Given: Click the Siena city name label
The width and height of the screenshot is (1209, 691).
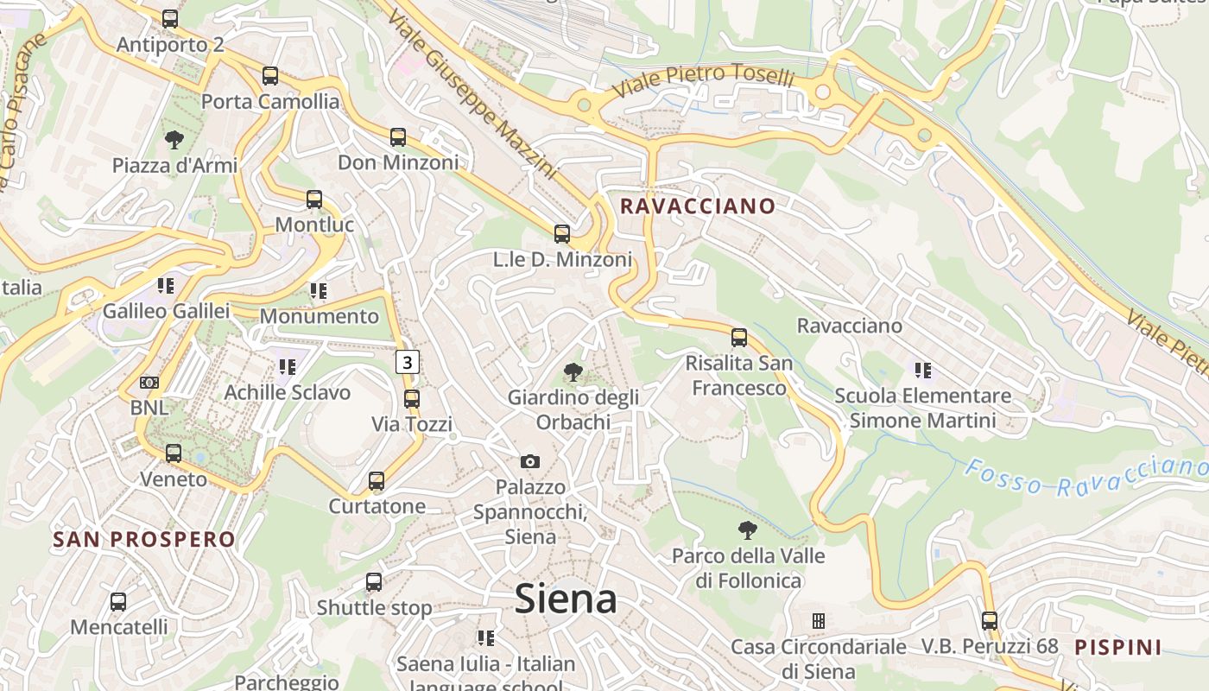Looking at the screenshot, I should tap(566, 599).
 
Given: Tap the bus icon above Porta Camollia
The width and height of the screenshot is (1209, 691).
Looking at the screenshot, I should tap(270, 76).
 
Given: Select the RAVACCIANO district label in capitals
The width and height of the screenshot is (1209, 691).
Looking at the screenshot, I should tap(698, 206).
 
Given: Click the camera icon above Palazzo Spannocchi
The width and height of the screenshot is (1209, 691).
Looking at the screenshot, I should tap(530, 462).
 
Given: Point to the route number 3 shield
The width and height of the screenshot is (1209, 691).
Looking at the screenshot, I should tap(408, 362).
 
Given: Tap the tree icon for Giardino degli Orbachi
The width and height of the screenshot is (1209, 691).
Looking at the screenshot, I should tap(573, 372).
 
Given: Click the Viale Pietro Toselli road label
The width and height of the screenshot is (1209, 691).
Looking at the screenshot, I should tap(703, 80).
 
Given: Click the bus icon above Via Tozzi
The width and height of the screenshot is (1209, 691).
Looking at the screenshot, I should tap(412, 399).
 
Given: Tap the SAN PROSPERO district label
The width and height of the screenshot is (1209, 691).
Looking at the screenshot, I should tap(143, 540).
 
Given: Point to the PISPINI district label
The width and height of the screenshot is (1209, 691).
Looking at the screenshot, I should tap(1118, 646).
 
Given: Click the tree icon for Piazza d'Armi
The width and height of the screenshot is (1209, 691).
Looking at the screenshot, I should tap(174, 139).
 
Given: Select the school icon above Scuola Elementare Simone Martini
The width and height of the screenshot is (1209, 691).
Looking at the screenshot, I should tap(922, 371).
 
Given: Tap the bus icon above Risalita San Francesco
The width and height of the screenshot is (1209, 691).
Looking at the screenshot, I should tap(739, 338).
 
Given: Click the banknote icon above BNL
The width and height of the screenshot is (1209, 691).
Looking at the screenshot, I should tap(149, 382).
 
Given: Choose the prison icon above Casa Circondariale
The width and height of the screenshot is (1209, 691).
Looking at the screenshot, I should tap(818, 621).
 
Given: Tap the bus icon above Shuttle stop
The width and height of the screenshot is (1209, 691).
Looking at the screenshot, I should tap(374, 582).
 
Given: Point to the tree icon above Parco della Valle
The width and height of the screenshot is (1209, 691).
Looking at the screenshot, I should tap(748, 530).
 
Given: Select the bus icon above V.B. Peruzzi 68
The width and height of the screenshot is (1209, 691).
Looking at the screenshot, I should tap(990, 620).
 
